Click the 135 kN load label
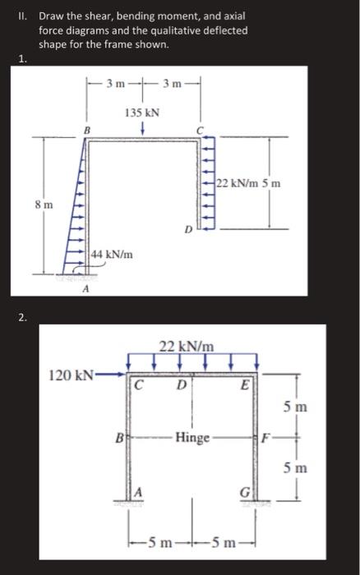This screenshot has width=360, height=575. pyautogui.click(x=142, y=113)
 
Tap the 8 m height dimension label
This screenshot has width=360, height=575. pyautogui.click(x=44, y=205)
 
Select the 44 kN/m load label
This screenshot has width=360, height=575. pyautogui.click(x=112, y=254)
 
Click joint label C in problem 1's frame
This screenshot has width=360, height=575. pyautogui.click(x=199, y=130)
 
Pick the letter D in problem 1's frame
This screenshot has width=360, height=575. pyautogui.click(x=188, y=230)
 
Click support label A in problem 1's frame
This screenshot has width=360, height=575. pyautogui.click(x=85, y=289)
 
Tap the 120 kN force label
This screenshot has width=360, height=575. pyautogui.click(x=72, y=375)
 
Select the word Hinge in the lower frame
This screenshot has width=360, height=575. pyautogui.click(x=192, y=438)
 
